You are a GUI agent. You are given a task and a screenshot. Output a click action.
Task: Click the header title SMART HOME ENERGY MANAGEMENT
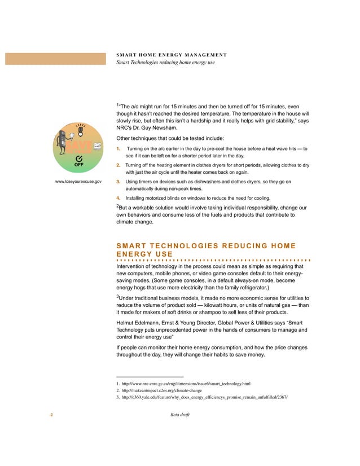pos(172,55)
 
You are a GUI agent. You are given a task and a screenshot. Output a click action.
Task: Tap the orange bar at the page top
pos(55,59)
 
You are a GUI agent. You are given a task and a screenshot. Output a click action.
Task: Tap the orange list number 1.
pos(118,149)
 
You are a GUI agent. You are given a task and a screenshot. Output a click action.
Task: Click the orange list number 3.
pos(118,182)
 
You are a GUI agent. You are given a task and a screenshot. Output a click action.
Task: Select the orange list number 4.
pos(118,198)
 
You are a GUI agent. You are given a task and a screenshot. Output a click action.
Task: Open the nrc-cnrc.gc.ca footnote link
pos(186,384)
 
